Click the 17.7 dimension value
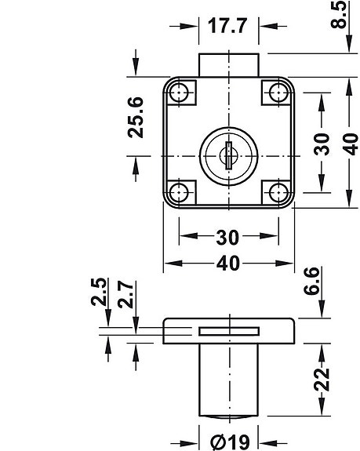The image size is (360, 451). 228,25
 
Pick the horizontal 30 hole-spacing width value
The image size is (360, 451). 228,236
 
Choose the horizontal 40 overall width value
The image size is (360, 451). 228,264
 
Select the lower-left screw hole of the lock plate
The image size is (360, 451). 180,191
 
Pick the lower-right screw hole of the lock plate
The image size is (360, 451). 277,191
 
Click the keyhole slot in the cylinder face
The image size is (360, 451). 228,152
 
